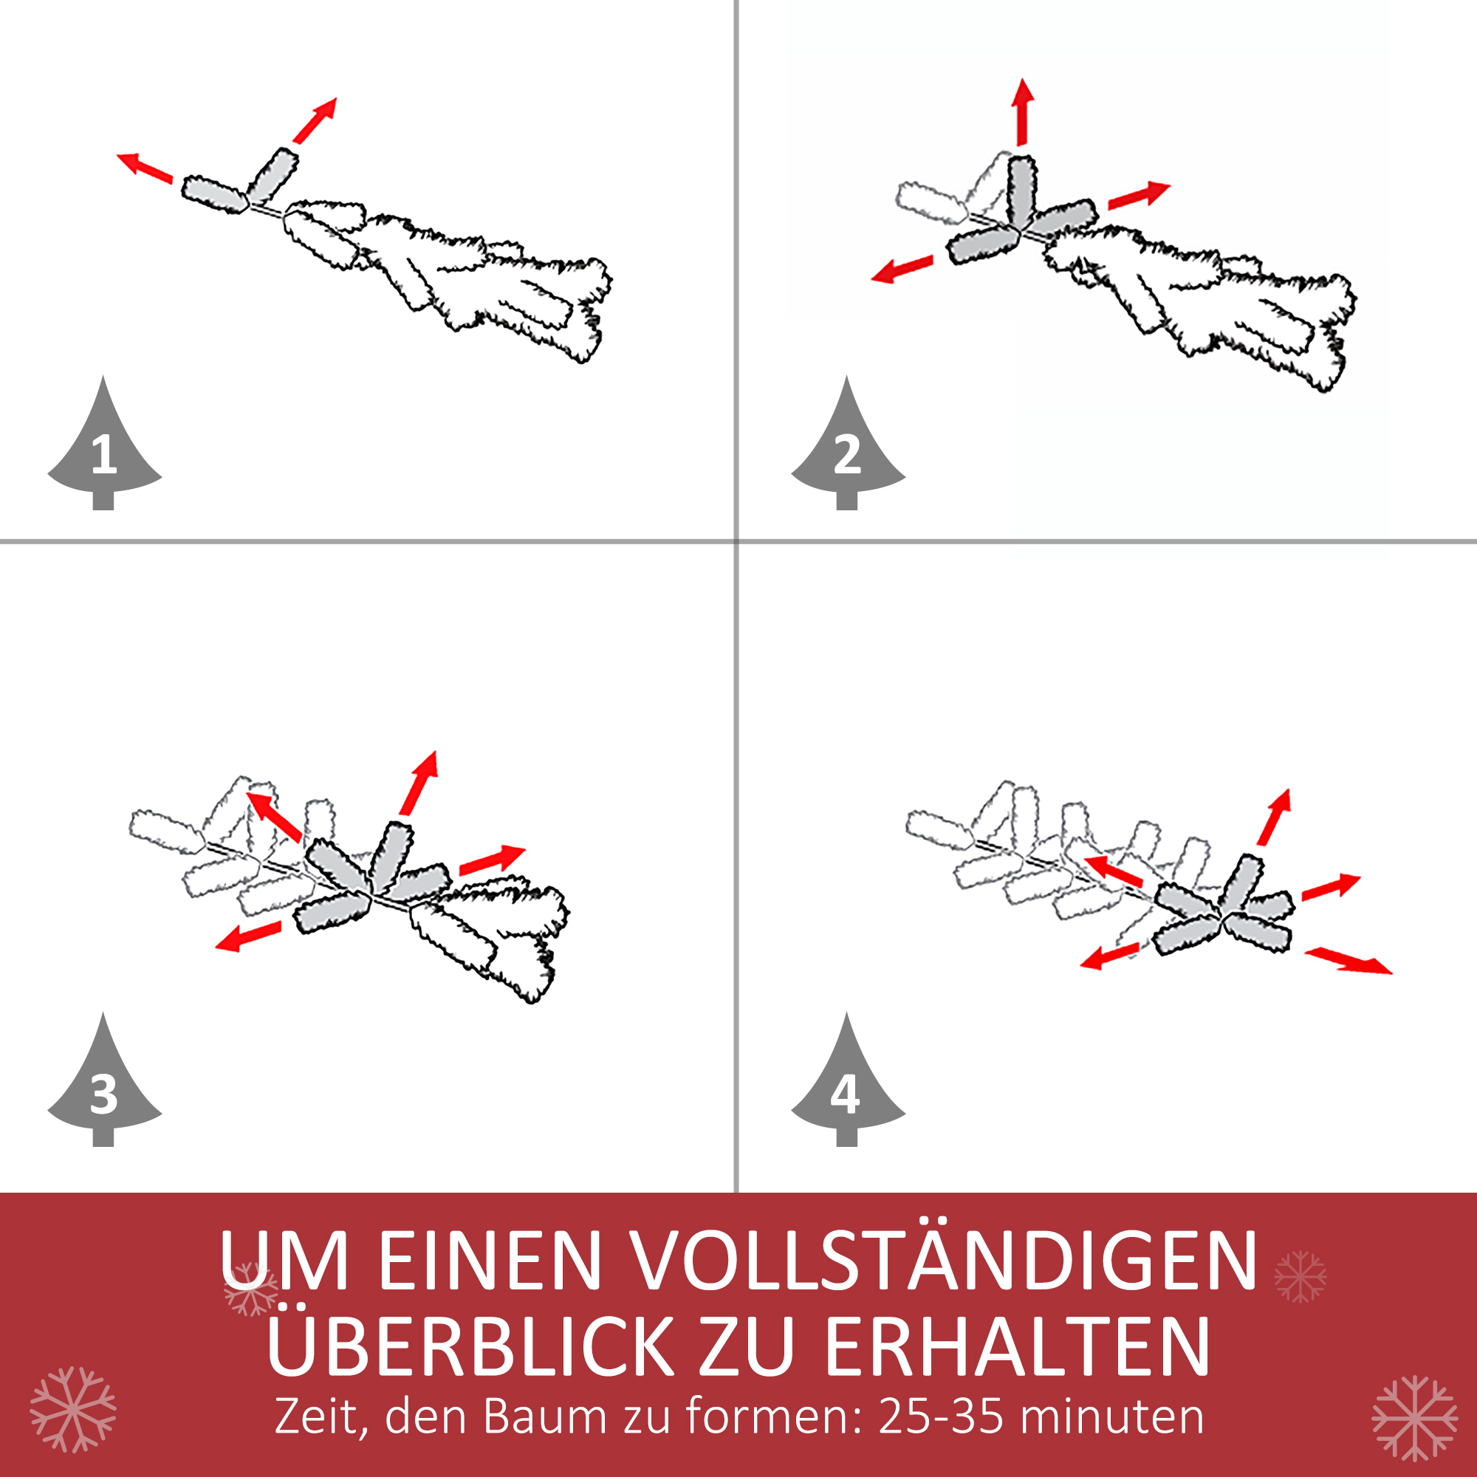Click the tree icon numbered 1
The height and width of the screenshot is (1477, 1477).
coord(104,451)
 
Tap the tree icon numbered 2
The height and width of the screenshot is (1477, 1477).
coord(847,451)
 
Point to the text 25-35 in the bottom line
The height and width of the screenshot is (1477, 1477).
coord(940,1416)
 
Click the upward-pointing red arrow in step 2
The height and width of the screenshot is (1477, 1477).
coord(1023,111)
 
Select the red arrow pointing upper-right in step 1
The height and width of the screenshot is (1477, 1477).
coord(315,120)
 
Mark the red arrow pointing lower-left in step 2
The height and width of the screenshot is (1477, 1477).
coord(902,269)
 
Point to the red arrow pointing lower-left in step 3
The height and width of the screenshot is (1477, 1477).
coord(247,936)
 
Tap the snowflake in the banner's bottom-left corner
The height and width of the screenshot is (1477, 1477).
coord(73,1409)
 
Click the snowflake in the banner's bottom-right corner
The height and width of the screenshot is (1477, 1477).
coord(1414,1417)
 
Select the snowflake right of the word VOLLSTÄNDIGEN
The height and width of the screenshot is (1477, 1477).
coord(1300,1276)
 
